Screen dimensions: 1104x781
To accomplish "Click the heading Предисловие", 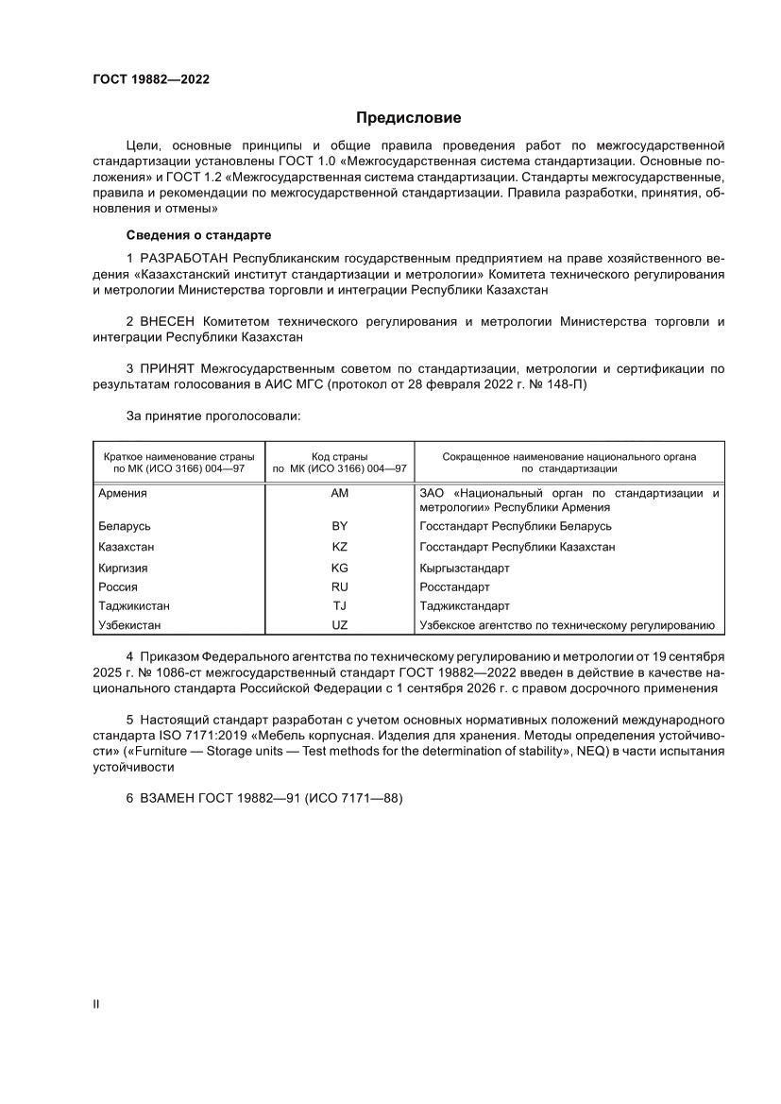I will click(x=408, y=118).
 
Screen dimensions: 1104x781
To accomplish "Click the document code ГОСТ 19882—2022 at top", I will click(x=151, y=79).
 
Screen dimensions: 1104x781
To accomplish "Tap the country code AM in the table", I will click(x=340, y=494).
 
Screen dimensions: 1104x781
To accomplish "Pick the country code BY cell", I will click(x=340, y=526).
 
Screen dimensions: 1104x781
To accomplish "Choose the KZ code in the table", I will click(x=340, y=547).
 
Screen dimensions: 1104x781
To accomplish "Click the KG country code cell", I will click(x=340, y=569).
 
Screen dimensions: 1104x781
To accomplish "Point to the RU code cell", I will click(x=340, y=587).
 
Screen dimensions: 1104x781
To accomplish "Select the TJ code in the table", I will click(x=340, y=606).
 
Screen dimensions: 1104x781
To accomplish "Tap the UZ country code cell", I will click(x=340, y=625).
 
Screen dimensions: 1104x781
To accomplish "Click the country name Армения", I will click(x=123, y=494).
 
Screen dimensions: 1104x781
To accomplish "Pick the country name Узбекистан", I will click(x=129, y=625).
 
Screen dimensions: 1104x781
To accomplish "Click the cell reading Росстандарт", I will click(x=454, y=587).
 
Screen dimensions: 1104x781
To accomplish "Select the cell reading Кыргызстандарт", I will click(x=464, y=569).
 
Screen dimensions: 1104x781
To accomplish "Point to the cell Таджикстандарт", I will click(x=464, y=606).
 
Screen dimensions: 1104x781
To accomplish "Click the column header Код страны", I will click(x=340, y=456).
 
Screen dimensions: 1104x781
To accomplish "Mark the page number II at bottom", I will click(x=95, y=1004).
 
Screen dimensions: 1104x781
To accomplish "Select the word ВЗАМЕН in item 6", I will click(x=167, y=798).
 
